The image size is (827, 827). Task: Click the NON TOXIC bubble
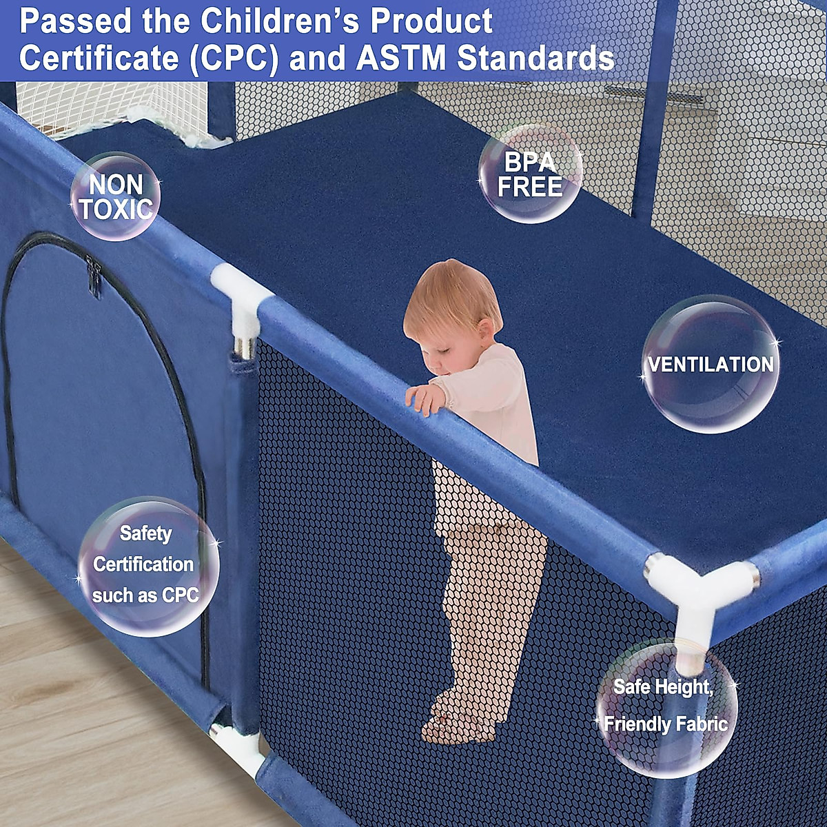click(x=115, y=196)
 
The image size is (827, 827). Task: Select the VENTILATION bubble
click(x=711, y=364)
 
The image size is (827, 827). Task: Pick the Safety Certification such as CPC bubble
click(x=146, y=565)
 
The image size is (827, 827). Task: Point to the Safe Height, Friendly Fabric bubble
click(x=666, y=706)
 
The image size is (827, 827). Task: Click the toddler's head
click(x=451, y=307)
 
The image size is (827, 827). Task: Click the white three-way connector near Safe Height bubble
click(x=696, y=593)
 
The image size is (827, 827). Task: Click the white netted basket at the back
click(x=110, y=110)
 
